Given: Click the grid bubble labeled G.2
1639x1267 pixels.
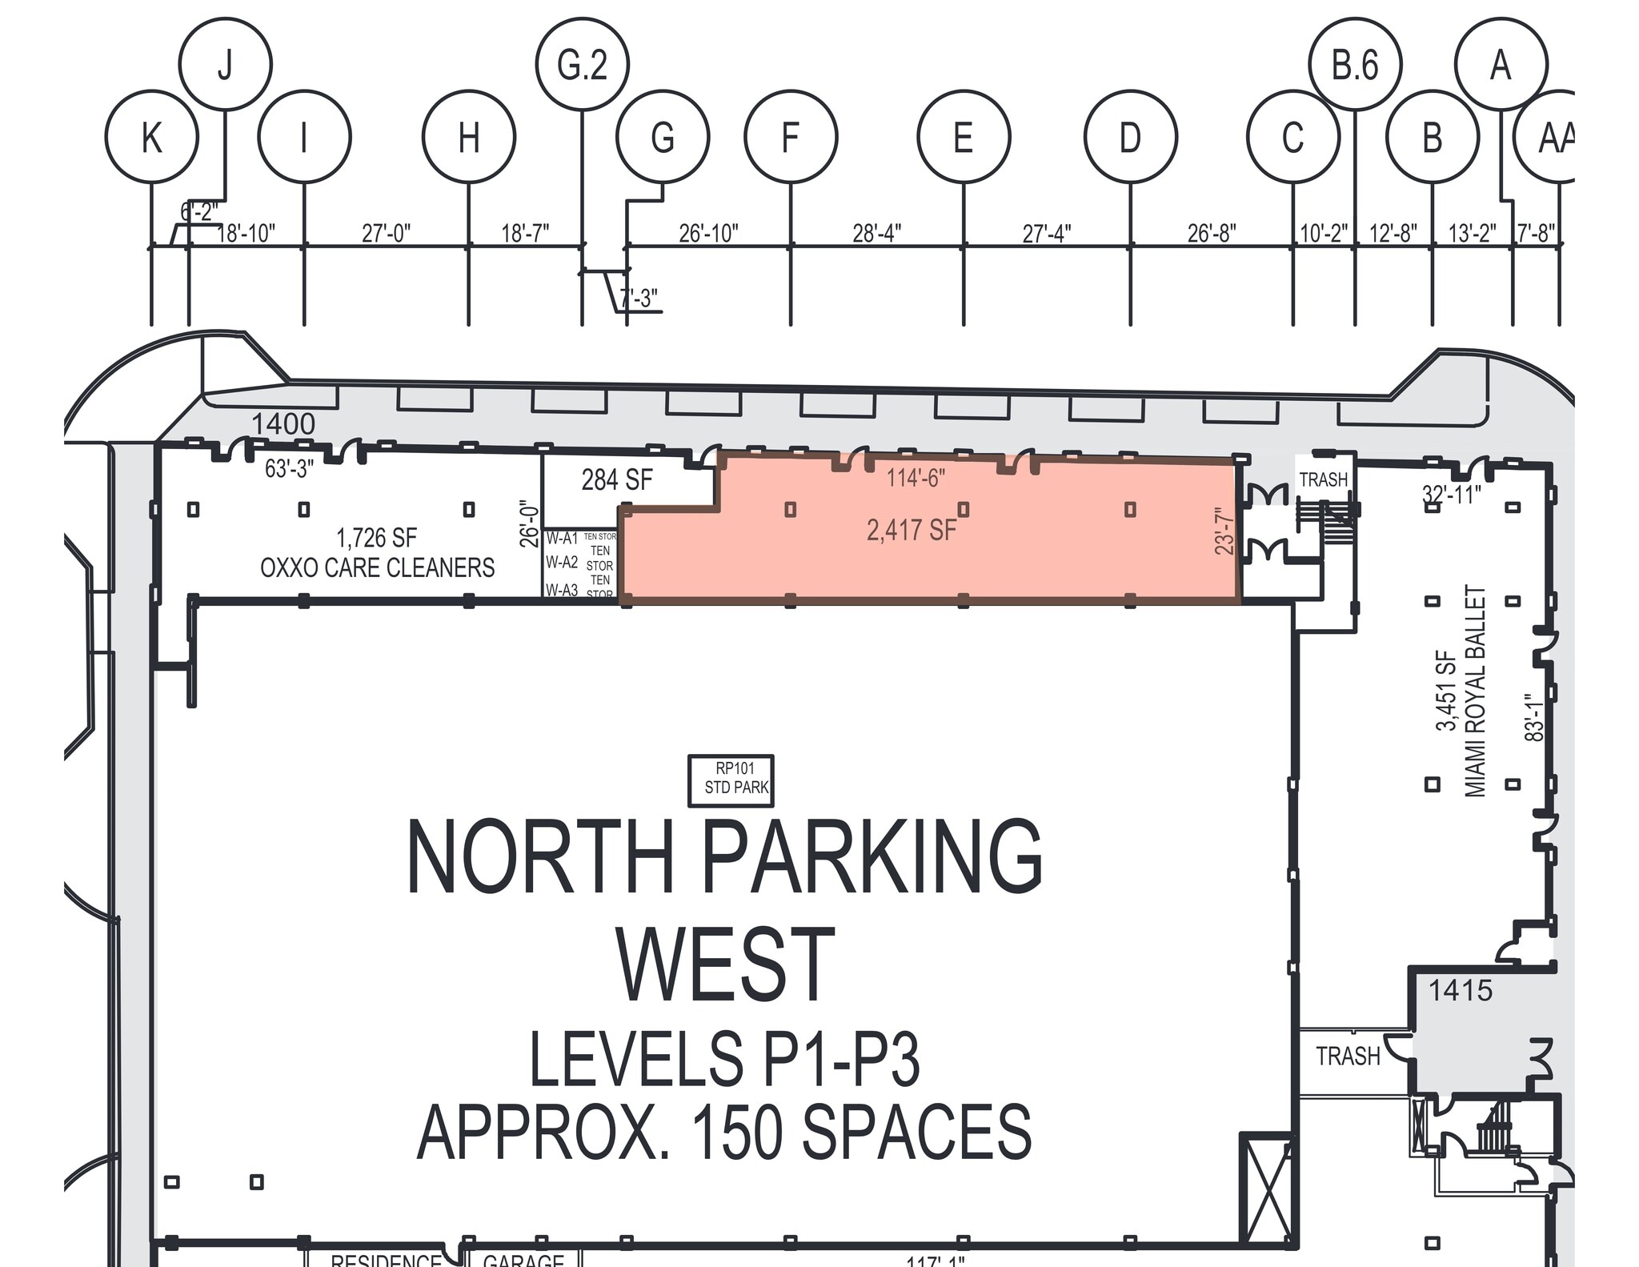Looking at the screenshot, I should pos(582,64).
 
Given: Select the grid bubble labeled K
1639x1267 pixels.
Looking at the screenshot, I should pos(151,137).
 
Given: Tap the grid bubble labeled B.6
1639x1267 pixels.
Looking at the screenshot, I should pos(1355,64).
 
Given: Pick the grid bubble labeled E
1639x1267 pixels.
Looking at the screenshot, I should pos(964,137).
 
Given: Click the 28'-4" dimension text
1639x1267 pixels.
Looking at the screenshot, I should pos(876,233).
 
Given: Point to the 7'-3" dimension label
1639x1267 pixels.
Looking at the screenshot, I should pos(639,298).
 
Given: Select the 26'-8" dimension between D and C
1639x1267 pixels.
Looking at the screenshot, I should pos(1211,233).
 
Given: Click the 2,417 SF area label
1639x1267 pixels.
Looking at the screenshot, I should pos(912,529).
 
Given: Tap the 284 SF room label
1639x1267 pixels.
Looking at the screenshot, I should pos(616,479).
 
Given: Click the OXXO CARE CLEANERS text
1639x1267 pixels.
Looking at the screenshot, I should pos(377,567).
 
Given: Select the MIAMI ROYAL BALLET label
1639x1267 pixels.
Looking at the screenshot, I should pos(1475,691).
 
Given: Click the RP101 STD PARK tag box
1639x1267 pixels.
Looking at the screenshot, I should pos(731,779).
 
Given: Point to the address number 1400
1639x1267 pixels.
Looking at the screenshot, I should pos(283,423).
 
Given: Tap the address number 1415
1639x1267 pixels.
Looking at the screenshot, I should pos(1461,991).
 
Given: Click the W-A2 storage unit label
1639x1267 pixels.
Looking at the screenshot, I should pos(562,563).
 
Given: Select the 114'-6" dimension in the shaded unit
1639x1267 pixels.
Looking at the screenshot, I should pos(916,478).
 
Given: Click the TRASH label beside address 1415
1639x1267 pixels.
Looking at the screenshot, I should pos(1348,1057).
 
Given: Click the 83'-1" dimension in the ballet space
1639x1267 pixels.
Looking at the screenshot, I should pos(1533,718).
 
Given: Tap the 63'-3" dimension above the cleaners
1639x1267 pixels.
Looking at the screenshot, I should pos(289,468).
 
